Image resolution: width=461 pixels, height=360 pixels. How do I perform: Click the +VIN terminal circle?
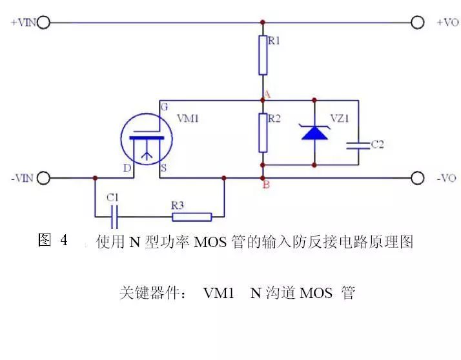(43, 23)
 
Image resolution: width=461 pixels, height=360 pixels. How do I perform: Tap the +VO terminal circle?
(418, 23)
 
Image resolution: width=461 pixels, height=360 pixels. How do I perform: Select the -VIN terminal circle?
(43, 177)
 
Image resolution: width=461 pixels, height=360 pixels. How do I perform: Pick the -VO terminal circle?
(418, 177)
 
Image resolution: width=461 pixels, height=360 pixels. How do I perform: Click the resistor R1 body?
(263, 55)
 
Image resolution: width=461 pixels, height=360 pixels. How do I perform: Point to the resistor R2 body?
(263, 133)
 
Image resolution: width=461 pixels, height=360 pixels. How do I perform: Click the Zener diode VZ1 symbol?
(314, 133)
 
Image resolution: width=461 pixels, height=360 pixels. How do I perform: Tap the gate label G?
(164, 107)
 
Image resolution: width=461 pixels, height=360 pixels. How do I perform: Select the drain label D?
(127, 168)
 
